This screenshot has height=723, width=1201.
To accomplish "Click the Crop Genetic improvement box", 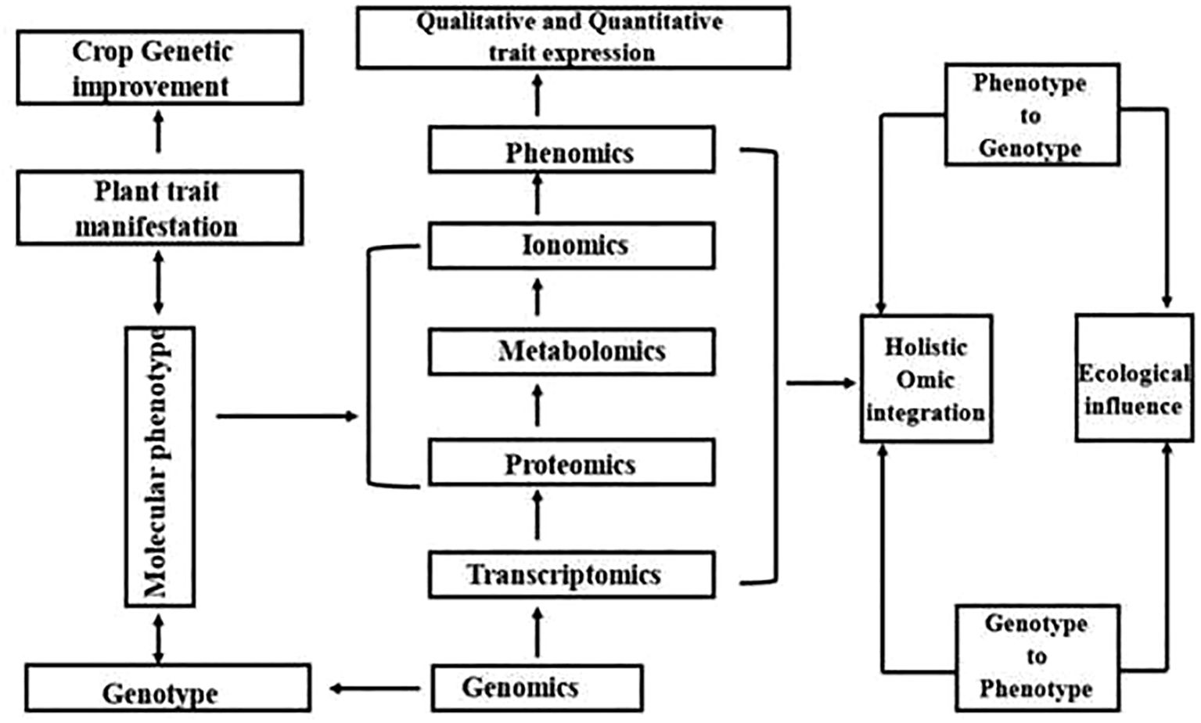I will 160,68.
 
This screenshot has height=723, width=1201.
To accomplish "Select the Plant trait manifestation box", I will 160,208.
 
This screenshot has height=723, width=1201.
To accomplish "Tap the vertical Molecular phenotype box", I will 160,466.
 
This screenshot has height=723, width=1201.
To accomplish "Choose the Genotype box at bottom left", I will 167,689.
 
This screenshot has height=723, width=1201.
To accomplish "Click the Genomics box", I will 537,688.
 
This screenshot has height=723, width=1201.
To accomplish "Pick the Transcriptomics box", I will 571,575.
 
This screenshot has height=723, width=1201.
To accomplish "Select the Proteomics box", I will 571,462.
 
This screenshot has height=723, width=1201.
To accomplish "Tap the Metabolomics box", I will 571,351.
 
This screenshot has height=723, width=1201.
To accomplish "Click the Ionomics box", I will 571,246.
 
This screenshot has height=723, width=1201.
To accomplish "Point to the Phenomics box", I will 571,150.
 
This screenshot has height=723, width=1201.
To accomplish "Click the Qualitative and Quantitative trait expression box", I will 573,38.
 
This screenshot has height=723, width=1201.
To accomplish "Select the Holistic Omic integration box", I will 926,379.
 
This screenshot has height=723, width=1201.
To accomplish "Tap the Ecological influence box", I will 1134,379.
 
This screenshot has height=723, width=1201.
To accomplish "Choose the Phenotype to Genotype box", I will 1031,115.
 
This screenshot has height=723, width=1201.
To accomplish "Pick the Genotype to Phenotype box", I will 1037,656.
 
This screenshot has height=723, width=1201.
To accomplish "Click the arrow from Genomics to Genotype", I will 374,689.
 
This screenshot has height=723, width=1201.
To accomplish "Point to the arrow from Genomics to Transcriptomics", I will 537,632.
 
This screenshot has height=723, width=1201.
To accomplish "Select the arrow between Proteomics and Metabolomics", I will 537,405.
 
